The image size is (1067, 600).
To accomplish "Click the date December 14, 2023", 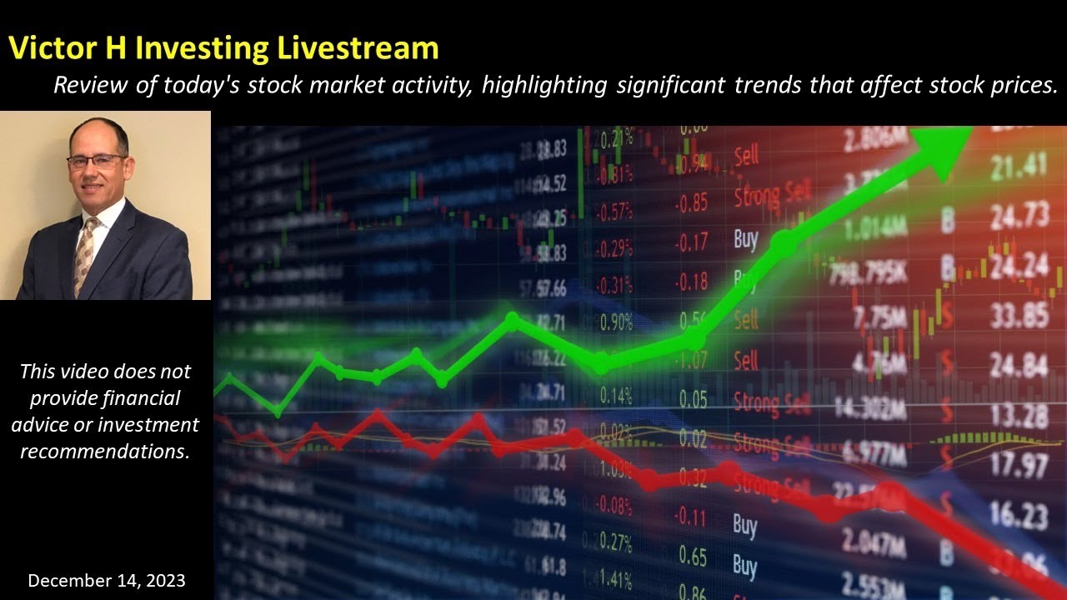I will click(107, 580).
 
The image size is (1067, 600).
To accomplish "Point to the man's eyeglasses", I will click(98, 162).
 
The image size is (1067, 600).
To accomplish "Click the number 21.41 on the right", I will click(1018, 167).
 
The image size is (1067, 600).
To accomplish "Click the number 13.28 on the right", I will click(1019, 414).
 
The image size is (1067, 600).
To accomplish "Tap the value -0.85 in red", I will click(692, 202).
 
